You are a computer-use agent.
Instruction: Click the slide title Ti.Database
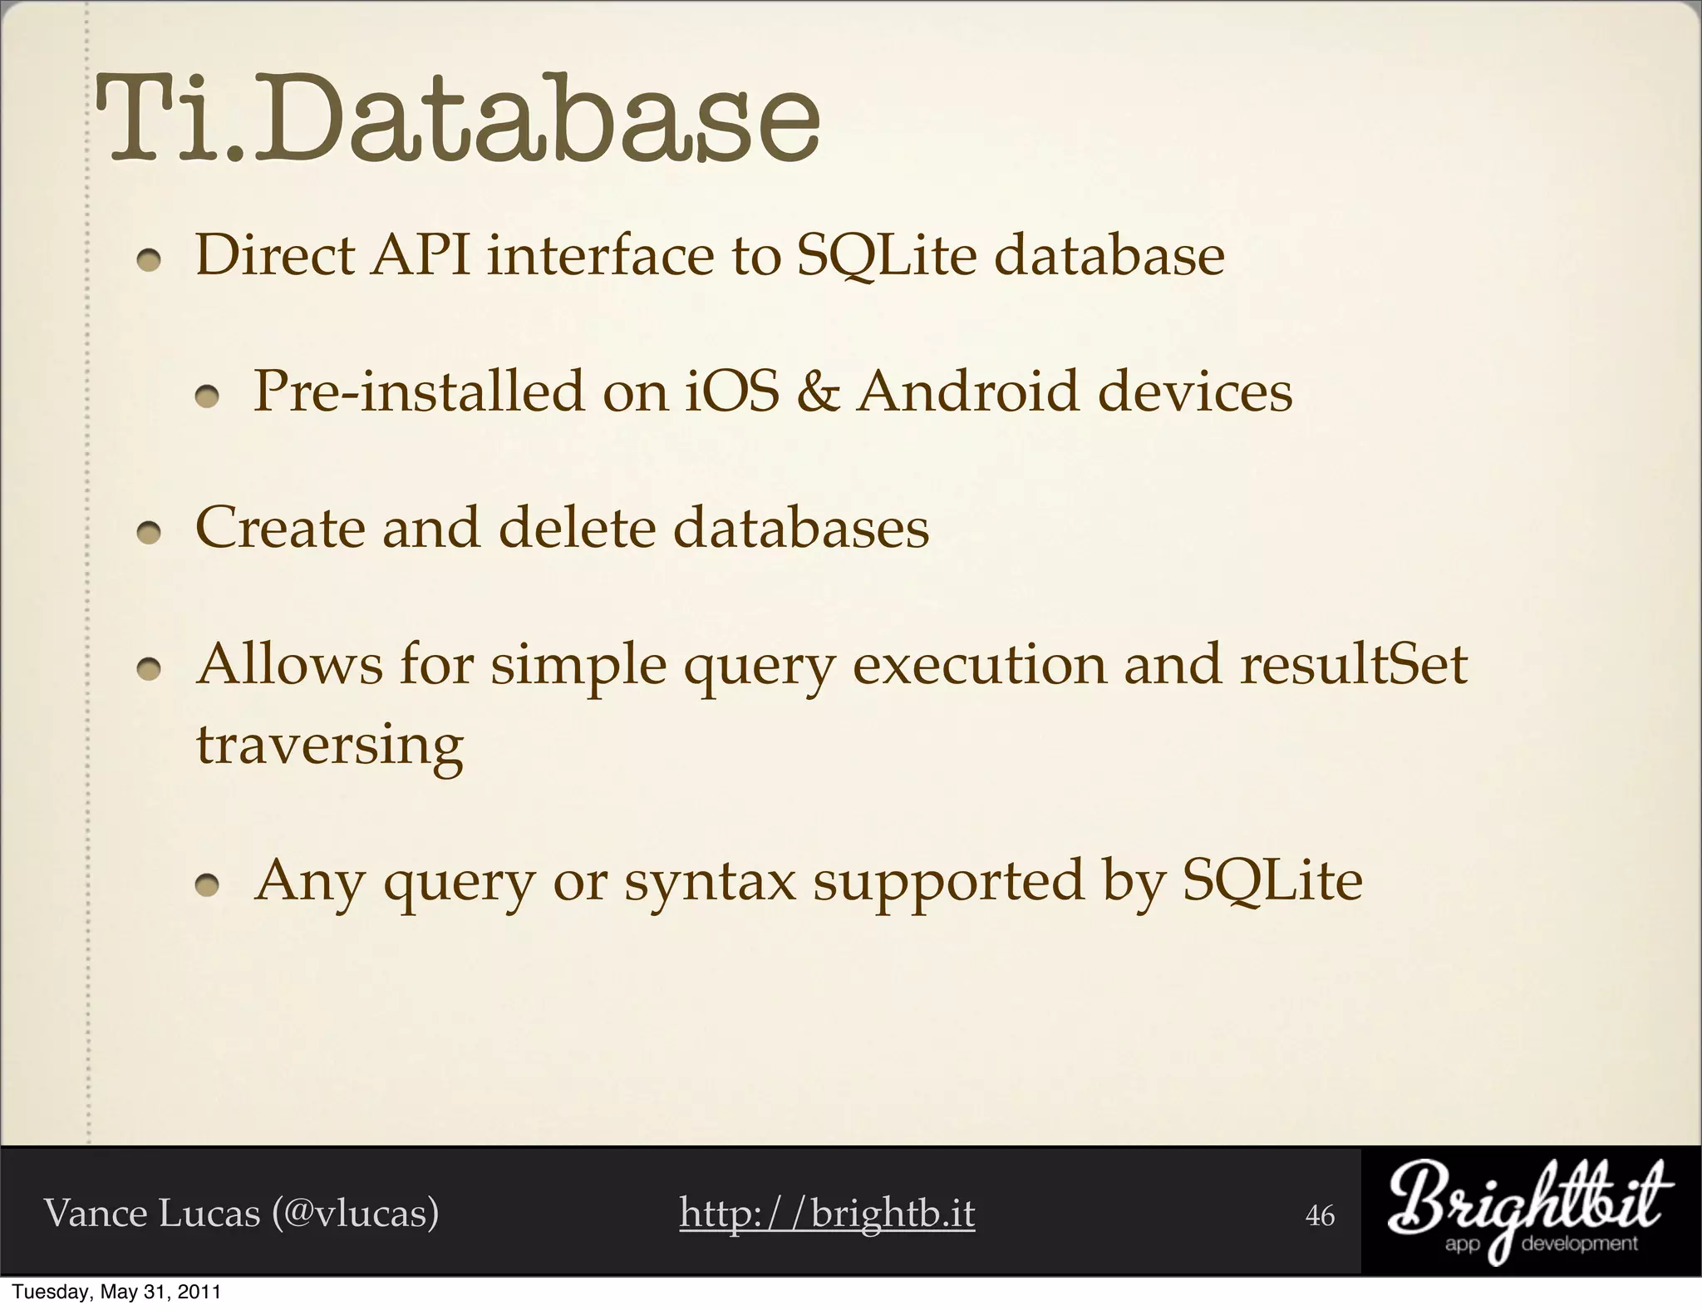457,121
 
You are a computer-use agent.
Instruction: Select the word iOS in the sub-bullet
732,392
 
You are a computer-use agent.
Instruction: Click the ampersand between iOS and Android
818,392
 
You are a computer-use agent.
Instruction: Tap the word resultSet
1353,665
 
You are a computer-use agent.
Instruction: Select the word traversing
329,746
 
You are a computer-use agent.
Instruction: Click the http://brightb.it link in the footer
827,1214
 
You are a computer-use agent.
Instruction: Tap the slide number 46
1321,1216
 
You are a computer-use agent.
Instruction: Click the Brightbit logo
1530,1211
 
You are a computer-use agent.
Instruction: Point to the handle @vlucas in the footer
355,1214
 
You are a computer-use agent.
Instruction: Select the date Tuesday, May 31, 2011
117,1293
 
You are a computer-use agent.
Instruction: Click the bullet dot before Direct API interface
149,261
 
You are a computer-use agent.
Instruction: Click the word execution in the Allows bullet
980,665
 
